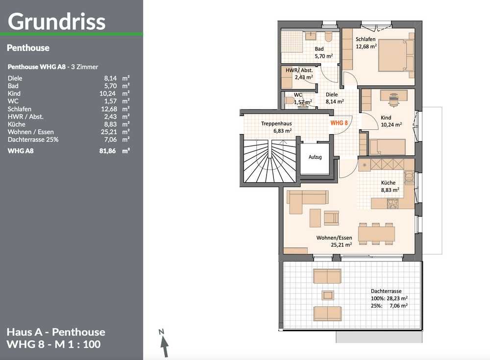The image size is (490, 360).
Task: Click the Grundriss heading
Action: (56, 22)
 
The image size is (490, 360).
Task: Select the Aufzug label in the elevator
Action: (315, 157)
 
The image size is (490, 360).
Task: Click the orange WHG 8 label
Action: (339, 123)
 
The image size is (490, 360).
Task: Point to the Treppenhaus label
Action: (276, 124)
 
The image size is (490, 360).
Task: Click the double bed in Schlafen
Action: (396, 55)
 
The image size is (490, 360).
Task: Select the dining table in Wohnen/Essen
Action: (376, 234)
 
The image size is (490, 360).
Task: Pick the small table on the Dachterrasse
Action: (328, 295)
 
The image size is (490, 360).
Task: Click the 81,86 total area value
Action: (107, 151)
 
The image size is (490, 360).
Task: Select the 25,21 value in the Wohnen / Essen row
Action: (109, 132)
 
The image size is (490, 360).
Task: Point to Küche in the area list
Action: (17, 124)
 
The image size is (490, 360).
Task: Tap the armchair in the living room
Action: (331, 218)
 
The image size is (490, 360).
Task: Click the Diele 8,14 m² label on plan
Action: (335, 98)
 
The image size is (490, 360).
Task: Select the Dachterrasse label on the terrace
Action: (386, 291)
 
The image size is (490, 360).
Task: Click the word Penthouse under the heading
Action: (28, 48)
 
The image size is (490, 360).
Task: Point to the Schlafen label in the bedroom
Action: (366, 39)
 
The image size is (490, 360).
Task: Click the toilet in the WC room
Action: (289, 101)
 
